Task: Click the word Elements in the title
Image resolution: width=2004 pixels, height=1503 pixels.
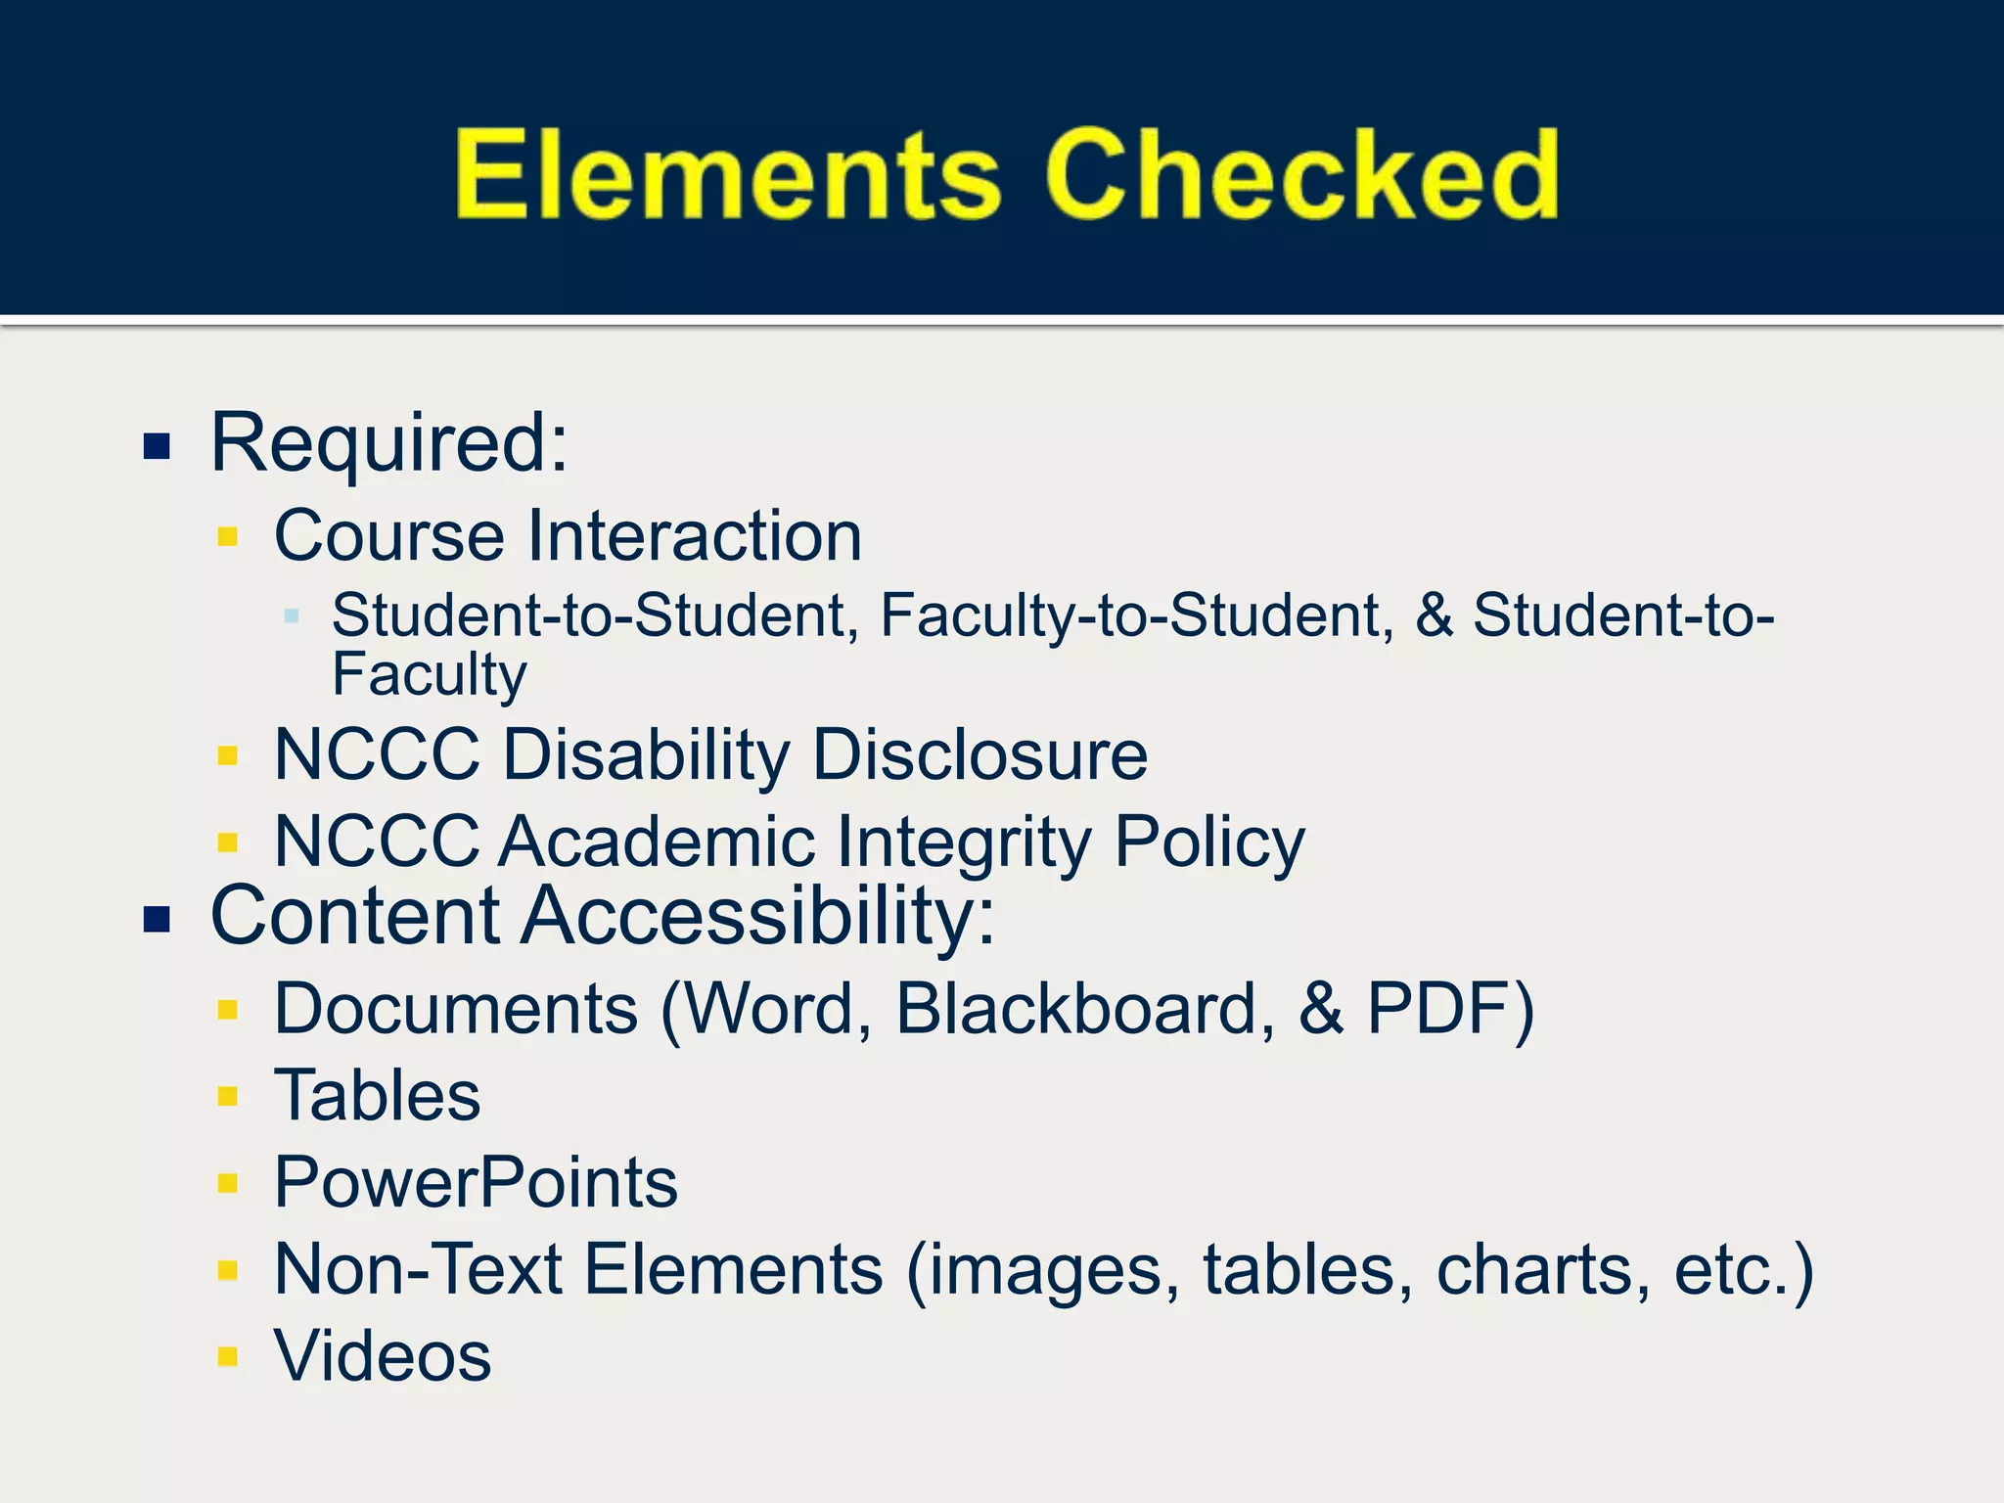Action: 727,176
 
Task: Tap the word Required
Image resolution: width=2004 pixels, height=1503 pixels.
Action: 388,443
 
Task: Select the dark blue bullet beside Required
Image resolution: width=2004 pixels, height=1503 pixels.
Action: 158,447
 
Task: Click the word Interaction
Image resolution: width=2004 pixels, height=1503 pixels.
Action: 695,536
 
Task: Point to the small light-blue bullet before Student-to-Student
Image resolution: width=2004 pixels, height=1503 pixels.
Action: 291,616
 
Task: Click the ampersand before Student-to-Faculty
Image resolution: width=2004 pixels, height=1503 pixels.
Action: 1434,615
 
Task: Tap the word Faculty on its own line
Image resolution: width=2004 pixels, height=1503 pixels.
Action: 429,675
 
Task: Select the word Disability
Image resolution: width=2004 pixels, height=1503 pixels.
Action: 646,755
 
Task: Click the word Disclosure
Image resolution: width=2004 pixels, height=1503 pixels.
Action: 979,755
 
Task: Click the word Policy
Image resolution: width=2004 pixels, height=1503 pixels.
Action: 1209,843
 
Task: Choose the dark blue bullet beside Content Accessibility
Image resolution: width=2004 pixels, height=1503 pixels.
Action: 158,920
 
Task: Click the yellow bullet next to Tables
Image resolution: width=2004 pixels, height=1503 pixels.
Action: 228,1096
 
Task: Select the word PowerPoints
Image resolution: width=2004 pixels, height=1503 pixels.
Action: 476,1182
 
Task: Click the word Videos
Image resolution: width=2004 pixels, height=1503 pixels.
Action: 383,1356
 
